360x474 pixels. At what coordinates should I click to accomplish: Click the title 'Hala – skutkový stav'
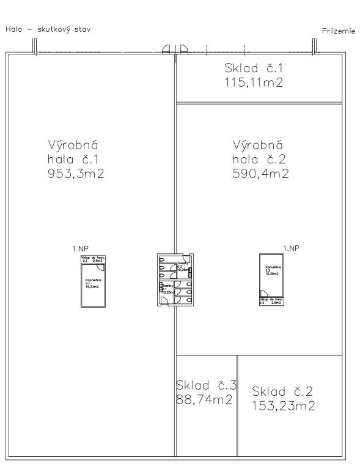click(48, 29)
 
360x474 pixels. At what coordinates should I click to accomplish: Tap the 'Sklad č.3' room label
click(206, 385)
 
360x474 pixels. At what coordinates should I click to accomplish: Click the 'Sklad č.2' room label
click(283, 391)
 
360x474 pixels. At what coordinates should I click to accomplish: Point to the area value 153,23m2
click(284, 405)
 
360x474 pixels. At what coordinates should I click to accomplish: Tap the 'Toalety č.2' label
click(183, 267)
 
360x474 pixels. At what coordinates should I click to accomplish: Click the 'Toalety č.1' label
click(167, 288)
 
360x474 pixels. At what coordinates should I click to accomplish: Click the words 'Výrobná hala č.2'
click(257, 153)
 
